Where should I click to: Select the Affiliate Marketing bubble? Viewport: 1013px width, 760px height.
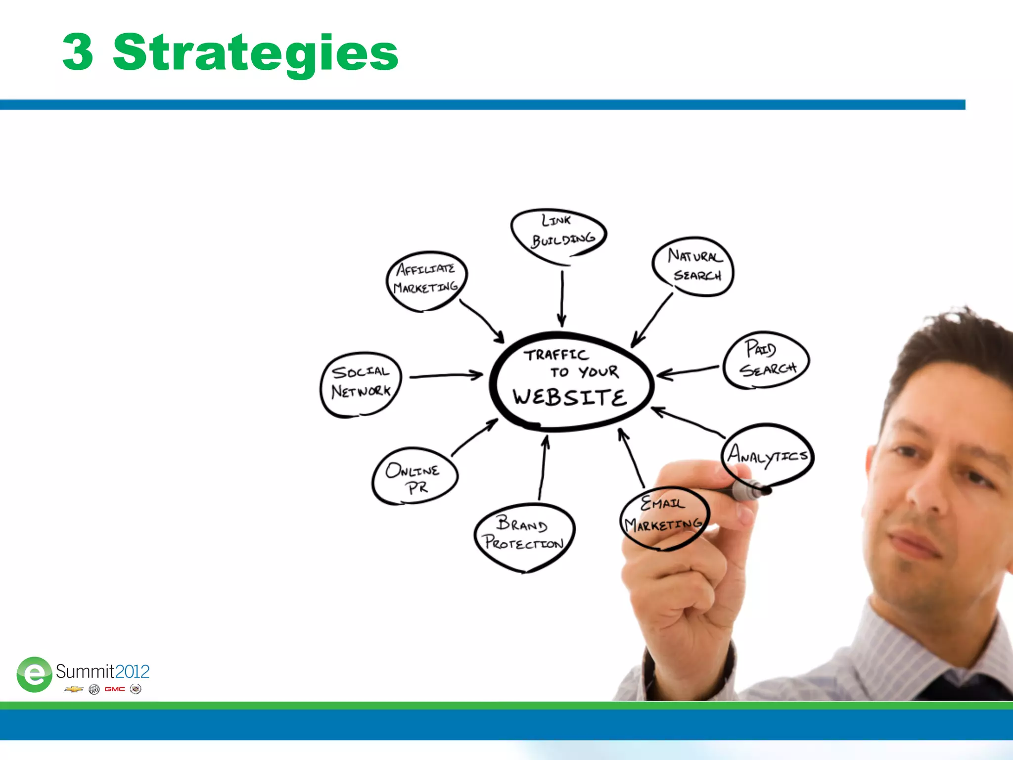pyautogui.click(x=426, y=280)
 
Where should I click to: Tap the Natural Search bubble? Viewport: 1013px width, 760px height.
pyautogui.click(x=693, y=266)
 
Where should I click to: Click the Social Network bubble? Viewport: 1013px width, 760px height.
pyautogui.click(x=361, y=384)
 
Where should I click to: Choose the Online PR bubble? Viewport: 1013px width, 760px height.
pyautogui.click(x=414, y=476)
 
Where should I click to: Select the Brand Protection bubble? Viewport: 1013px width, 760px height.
pyautogui.click(x=524, y=536)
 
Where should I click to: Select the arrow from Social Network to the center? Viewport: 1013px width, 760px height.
pyautogui.click(x=446, y=376)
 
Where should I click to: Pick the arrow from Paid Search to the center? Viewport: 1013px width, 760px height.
pyautogui.click(x=688, y=371)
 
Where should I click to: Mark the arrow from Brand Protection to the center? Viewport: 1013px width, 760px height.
pyautogui.click(x=543, y=467)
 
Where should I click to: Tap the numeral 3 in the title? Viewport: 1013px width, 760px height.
pyautogui.click(x=78, y=52)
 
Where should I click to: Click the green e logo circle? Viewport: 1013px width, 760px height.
pyautogui.click(x=34, y=674)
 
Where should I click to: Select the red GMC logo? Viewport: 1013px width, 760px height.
pyautogui.click(x=115, y=689)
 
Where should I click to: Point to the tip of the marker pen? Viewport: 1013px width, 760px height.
pyautogui.click(x=766, y=490)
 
